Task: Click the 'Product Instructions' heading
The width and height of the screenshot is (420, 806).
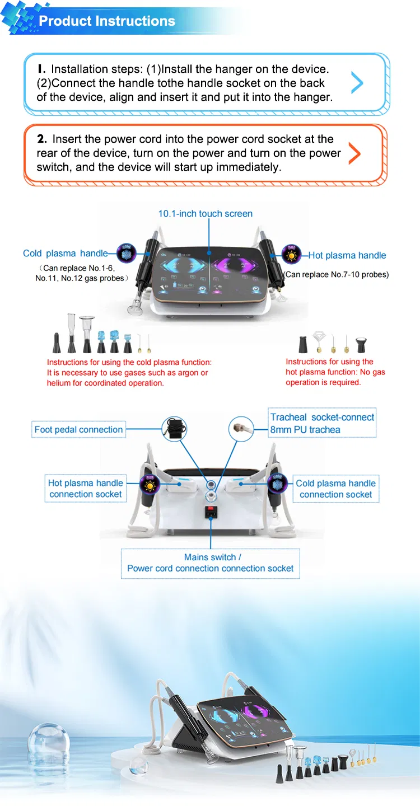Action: point(107,21)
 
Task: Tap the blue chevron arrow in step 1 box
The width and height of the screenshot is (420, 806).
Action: point(357,82)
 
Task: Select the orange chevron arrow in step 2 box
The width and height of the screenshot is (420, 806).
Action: point(354,153)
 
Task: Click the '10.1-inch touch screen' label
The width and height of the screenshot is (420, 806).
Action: point(206,213)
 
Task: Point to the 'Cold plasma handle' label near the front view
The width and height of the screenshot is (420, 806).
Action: point(65,254)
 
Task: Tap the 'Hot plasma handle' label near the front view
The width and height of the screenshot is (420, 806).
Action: point(347,255)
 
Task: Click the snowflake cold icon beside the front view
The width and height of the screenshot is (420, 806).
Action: point(127,253)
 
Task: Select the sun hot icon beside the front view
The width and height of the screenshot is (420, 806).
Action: point(291,254)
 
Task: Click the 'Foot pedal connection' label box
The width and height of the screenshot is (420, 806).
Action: point(78,429)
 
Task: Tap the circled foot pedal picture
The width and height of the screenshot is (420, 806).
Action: point(174,429)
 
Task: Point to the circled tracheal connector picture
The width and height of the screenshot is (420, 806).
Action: point(241,429)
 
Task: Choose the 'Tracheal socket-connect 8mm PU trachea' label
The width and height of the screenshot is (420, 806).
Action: point(322,423)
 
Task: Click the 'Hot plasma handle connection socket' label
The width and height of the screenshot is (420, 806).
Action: point(86,488)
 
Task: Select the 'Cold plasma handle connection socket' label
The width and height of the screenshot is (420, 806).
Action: point(336,489)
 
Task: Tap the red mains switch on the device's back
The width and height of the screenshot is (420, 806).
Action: point(211,509)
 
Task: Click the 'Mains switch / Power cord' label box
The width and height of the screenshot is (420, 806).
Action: point(210,564)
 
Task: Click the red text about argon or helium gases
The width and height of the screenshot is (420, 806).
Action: point(129,372)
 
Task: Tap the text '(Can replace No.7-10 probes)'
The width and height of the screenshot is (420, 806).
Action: point(336,274)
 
